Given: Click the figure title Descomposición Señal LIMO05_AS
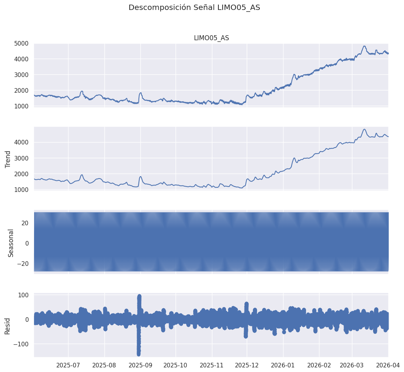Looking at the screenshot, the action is point(194,8).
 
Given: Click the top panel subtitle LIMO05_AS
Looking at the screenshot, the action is point(211,38).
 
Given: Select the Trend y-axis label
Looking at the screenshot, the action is point(8,159).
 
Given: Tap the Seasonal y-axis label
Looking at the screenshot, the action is point(11,243).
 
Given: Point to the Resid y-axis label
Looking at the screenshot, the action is point(8,326).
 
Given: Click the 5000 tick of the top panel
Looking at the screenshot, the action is point(21,43).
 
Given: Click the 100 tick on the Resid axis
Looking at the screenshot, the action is point(23,295).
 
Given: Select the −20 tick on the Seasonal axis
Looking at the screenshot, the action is point(21,264).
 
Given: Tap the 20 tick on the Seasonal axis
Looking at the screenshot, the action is point(25,223).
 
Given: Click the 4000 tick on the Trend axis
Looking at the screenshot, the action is point(21,143).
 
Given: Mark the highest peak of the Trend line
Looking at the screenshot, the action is point(364,129).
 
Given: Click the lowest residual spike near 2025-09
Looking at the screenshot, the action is point(138,354).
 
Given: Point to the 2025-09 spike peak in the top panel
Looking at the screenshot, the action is point(140,93).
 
